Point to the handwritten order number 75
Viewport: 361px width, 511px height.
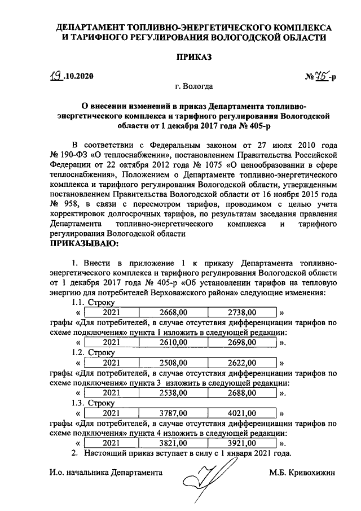pyautogui.click(x=322, y=76)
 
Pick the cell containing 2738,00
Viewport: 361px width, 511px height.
pyautogui.click(x=242, y=312)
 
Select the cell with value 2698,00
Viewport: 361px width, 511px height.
pyautogui.click(x=242, y=342)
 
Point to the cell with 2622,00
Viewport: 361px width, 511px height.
pyautogui.click(x=242, y=362)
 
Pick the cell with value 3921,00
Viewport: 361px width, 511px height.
pyautogui.click(x=242, y=444)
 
